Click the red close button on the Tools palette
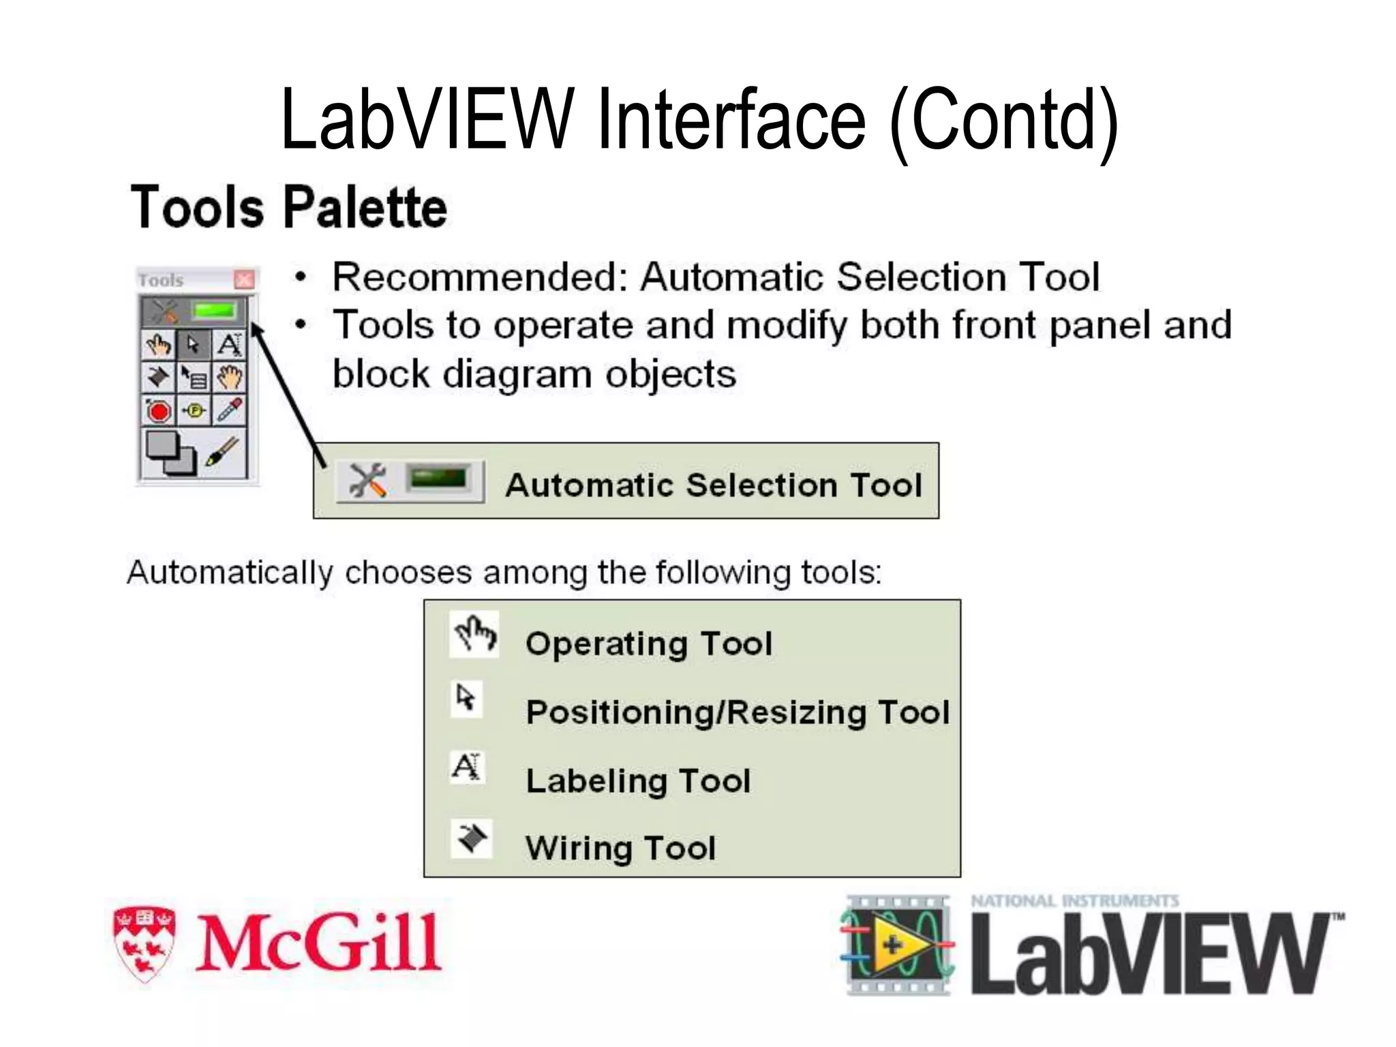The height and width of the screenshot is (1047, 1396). click(x=244, y=279)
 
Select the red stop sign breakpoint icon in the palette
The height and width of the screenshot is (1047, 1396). click(x=159, y=411)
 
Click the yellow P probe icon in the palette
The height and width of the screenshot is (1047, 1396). click(x=195, y=411)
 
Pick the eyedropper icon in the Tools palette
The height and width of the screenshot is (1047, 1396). click(x=230, y=410)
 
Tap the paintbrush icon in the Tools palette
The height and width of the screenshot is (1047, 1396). click(x=222, y=451)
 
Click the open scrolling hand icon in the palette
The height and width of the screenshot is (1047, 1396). click(x=230, y=377)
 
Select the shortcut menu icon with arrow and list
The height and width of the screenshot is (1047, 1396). click(x=194, y=377)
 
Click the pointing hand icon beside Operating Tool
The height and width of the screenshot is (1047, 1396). click(x=475, y=635)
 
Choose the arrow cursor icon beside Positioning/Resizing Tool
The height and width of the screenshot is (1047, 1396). click(x=466, y=698)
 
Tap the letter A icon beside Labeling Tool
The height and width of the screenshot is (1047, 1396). click(x=467, y=767)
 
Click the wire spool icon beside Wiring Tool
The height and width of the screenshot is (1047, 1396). click(x=471, y=838)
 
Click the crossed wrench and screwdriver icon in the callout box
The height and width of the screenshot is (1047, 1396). click(x=367, y=481)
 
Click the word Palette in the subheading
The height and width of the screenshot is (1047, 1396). click(x=365, y=207)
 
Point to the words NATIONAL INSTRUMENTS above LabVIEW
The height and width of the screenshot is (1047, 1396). click(x=1075, y=902)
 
